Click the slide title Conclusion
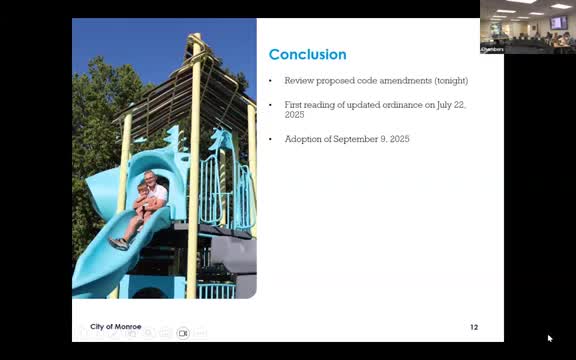pyautogui.click(x=307, y=55)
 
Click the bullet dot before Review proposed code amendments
pyautogui.click(x=271, y=80)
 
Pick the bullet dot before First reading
pyautogui.click(x=271, y=104)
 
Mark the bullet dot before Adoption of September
pyautogui.click(x=271, y=139)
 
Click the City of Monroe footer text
pyautogui.click(x=116, y=327)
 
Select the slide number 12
pyautogui.click(x=474, y=327)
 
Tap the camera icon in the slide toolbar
pyautogui.click(x=183, y=332)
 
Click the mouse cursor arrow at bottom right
pyautogui.click(x=549, y=338)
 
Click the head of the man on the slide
pyautogui.click(x=150, y=178)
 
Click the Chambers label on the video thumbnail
pyautogui.click(x=493, y=48)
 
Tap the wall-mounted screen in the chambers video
pyautogui.click(x=558, y=22)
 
